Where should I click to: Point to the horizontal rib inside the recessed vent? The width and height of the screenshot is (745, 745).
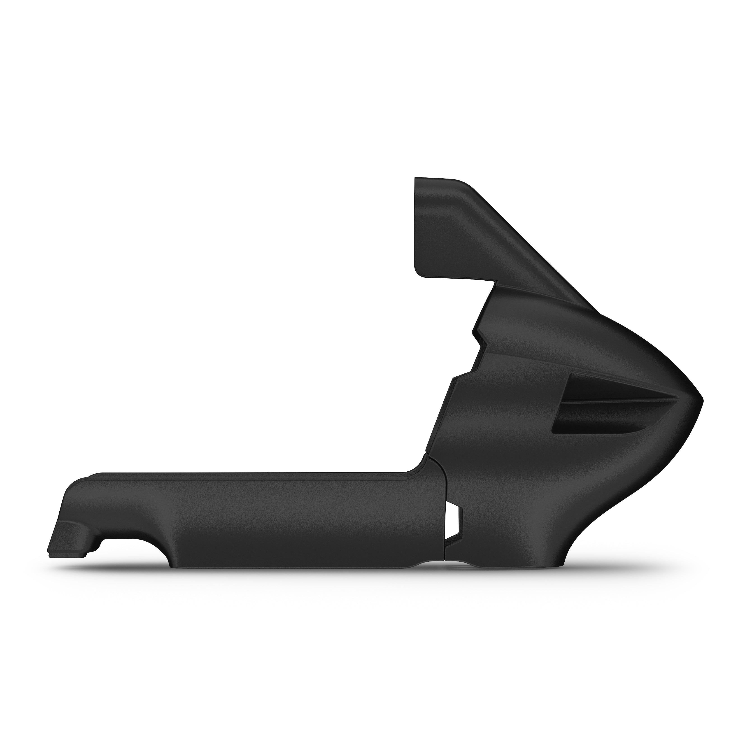tap(617, 402)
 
